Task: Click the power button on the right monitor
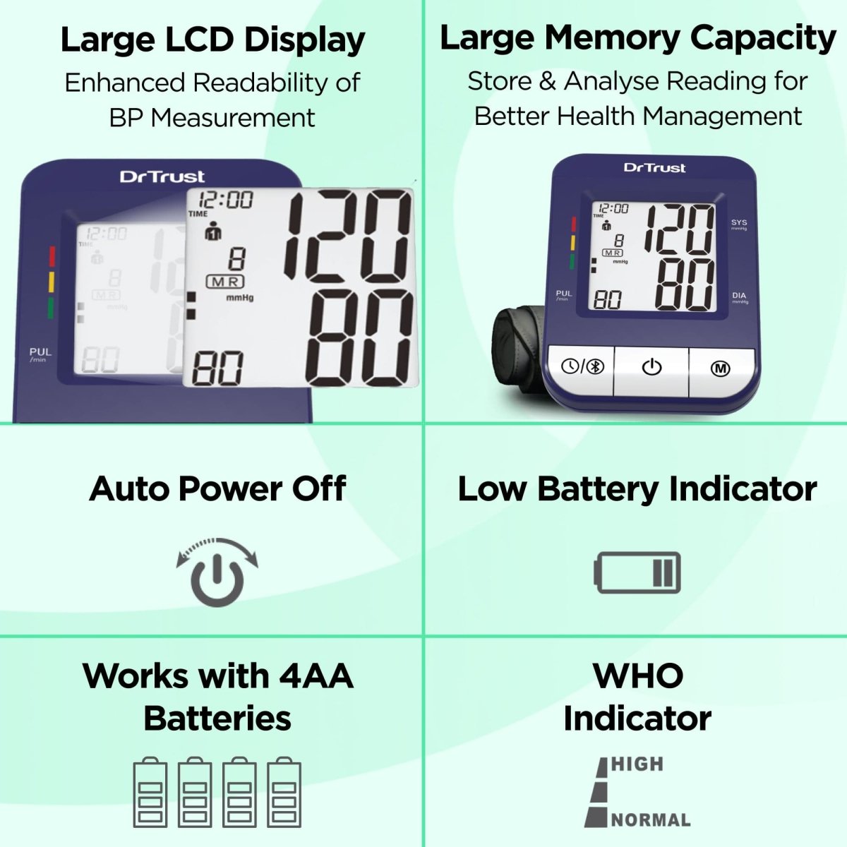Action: tap(651, 368)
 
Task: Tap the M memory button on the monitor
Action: tap(721, 368)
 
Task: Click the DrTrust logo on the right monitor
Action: tap(654, 168)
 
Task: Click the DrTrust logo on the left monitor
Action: tap(162, 176)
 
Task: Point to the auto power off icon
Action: tap(217, 572)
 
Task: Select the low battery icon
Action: tap(637, 572)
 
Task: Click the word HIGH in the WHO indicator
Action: tap(637, 764)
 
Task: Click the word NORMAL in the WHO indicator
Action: tap(651, 820)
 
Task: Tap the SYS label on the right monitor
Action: tap(739, 223)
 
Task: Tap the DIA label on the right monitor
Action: tap(739, 296)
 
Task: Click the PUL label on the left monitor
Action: tap(40, 352)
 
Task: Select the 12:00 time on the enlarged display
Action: tap(225, 200)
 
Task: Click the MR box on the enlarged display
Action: tap(224, 282)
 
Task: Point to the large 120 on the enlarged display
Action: tap(348, 234)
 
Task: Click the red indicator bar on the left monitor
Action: tap(51, 256)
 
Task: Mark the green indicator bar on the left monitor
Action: tap(51, 308)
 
